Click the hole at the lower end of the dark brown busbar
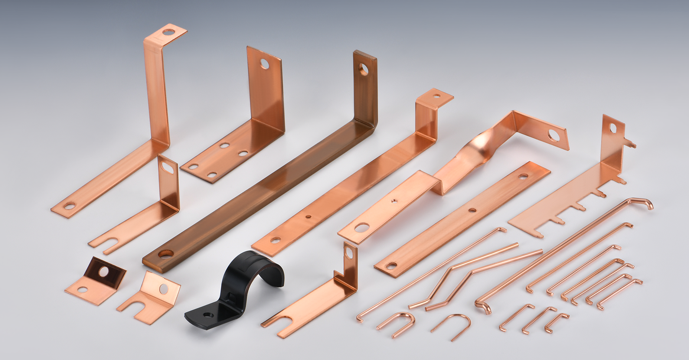(165, 253)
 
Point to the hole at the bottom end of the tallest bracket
(70, 206)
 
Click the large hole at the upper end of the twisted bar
(553, 134)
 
